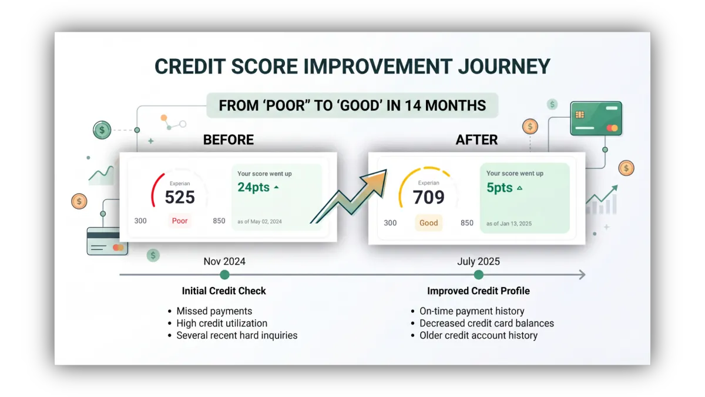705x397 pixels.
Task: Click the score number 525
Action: (x=180, y=197)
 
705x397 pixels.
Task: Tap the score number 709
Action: (x=428, y=197)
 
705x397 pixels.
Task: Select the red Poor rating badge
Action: (x=180, y=221)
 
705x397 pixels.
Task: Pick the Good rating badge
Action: (x=428, y=223)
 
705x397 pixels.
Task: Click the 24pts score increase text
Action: (x=253, y=188)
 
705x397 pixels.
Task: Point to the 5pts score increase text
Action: (x=499, y=188)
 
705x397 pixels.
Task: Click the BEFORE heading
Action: (x=229, y=140)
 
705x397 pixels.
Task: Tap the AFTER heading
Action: (x=476, y=140)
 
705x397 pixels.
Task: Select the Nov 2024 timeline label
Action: (x=224, y=262)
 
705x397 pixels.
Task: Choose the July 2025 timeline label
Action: (x=478, y=262)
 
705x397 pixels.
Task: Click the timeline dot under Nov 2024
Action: (x=224, y=275)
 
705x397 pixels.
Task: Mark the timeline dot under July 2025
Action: (x=478, y=275)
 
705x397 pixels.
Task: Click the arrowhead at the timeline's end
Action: (x=583, y=275)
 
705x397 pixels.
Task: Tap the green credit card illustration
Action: (x=596, y=118)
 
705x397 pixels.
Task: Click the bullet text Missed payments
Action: (x=214, y=311)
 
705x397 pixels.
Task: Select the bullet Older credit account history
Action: (x=478, y=336)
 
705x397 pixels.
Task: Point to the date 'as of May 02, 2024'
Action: (x=259, y=222)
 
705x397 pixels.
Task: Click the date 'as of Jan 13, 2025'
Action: (x=509, y=223)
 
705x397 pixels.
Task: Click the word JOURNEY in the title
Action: (x=504, y=66)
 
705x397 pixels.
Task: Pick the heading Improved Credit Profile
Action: (x=478, y=291)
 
